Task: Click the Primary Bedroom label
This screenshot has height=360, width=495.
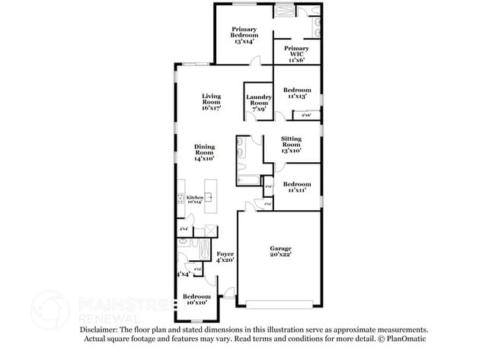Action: (244, 35)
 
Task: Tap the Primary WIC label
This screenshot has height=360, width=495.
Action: (296, 53)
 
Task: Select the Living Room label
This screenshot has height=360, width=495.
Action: (211, 102)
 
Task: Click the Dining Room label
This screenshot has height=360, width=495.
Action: (204, 152)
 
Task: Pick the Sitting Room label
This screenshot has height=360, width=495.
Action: (291, 145)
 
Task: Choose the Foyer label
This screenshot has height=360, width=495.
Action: (225, 256)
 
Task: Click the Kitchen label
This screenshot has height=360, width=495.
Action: (195, 199)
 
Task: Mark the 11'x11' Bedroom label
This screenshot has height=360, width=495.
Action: (297, 187)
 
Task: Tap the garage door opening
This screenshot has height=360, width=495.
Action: (278, 305)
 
